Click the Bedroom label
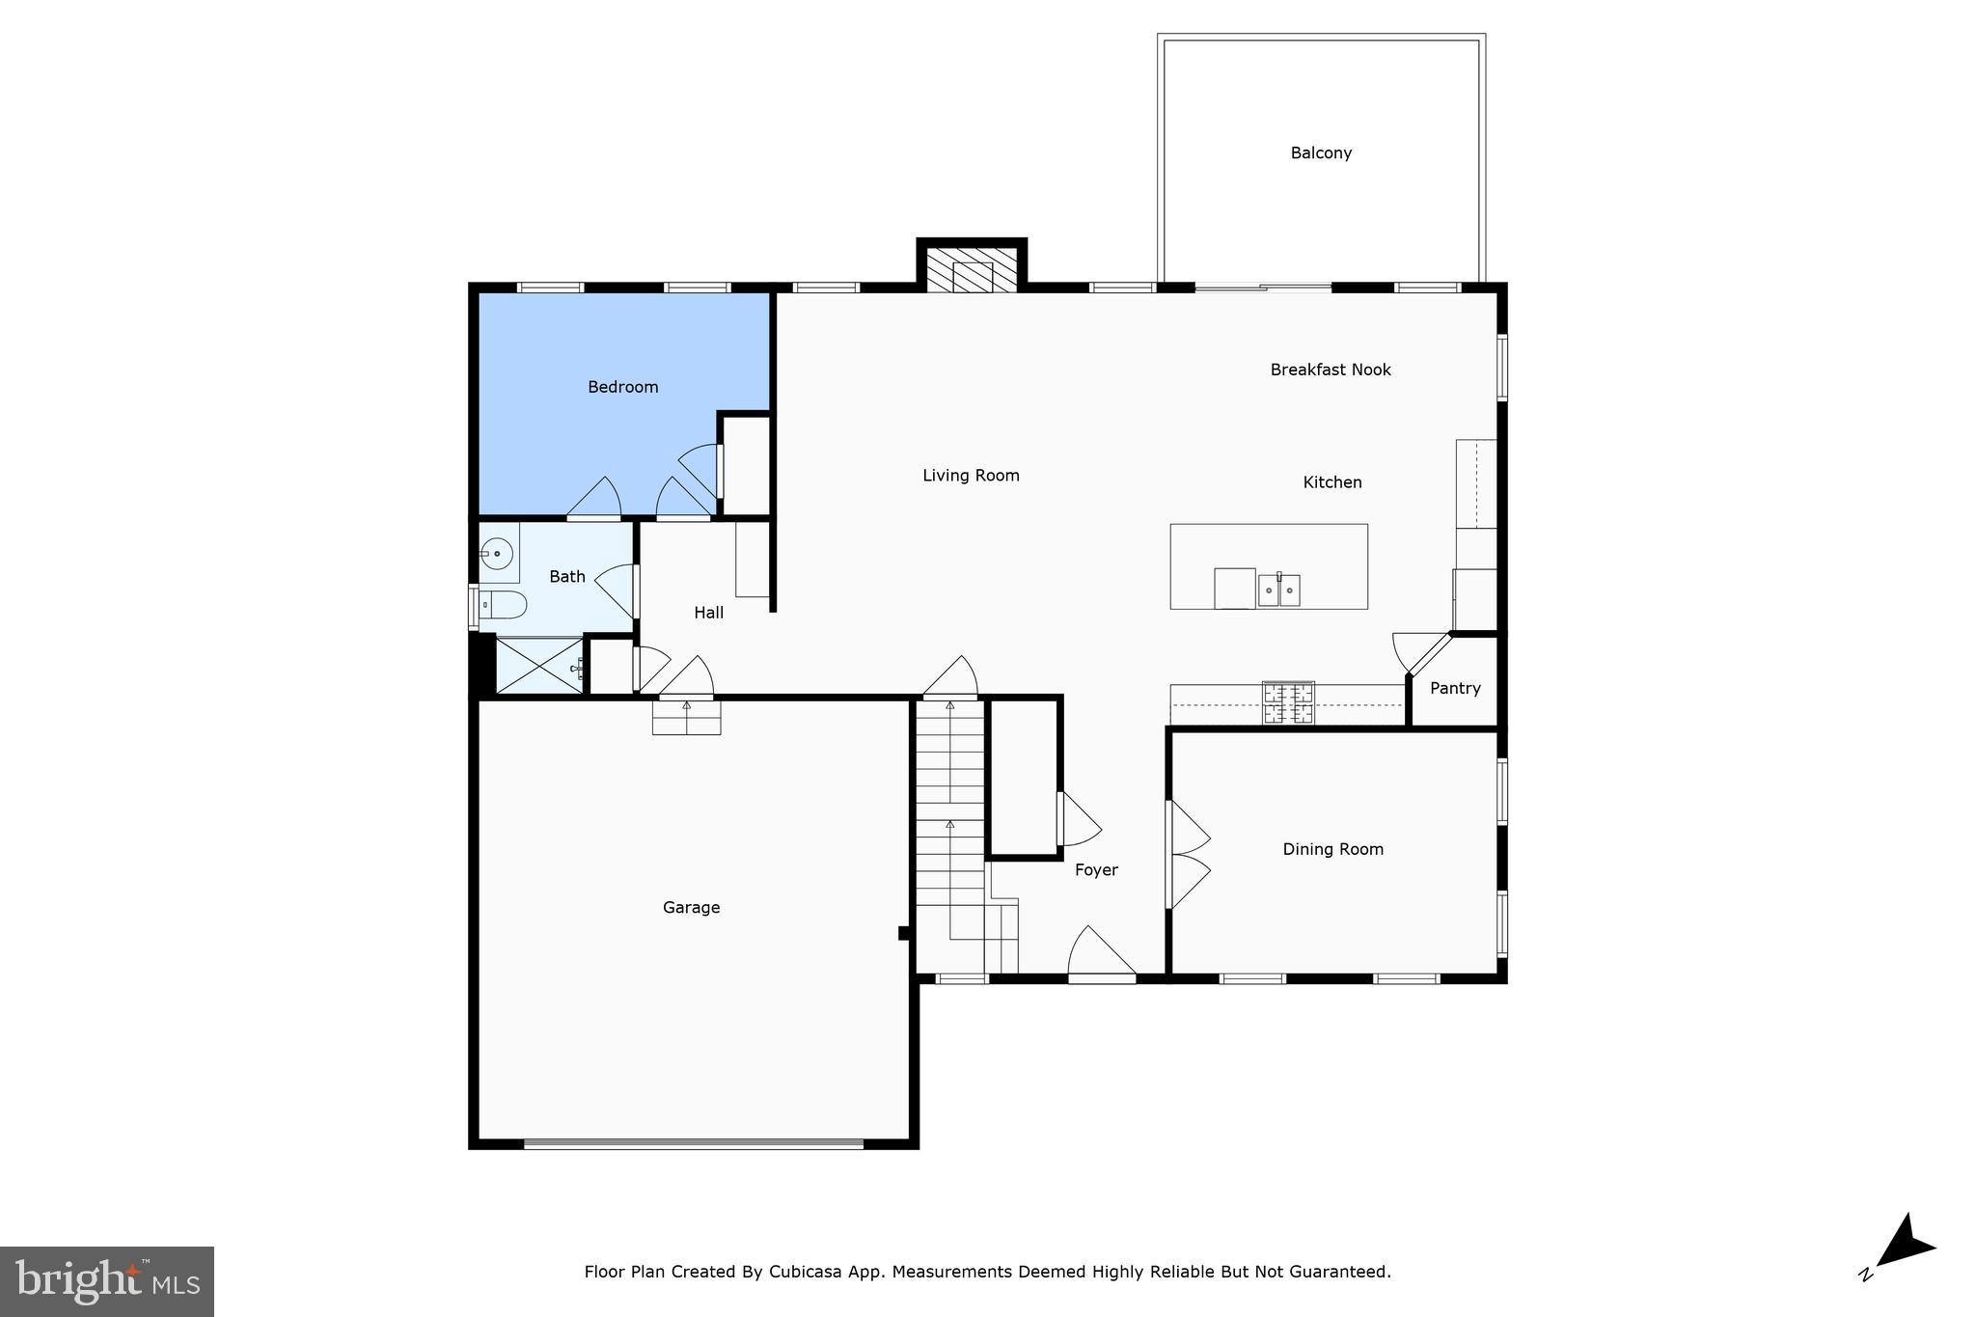(622, 387)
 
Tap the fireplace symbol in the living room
(972, 271)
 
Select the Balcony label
(1321, 152)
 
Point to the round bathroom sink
(496, 554)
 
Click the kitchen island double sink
(1278, 590)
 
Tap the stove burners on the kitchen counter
(1288, 702)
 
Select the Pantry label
(1455, 688)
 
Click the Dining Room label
(1332, 849)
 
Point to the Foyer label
(1096, 870)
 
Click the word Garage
(691, 907)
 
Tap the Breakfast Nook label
(1331, 370)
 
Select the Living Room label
(971, 475)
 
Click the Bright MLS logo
(107, 1281)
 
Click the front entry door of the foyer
(1102, 955)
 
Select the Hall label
(708, 613)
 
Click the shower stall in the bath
(538, 665)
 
